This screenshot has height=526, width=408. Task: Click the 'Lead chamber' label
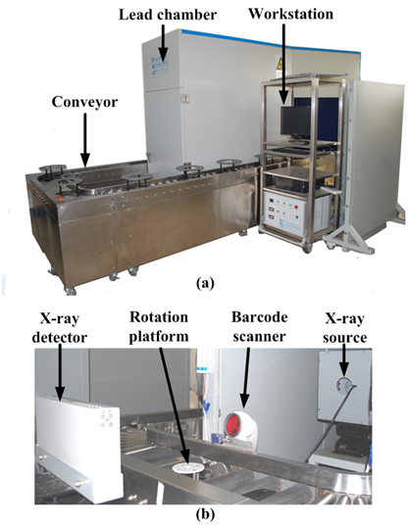[168, 15]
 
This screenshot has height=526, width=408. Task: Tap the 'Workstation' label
[290, 14]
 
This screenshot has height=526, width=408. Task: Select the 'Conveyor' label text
[84, 102]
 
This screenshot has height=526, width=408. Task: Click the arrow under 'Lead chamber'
[163, 43]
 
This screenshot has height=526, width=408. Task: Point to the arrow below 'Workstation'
[284, 63]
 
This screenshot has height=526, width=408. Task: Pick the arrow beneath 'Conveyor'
[85, 139]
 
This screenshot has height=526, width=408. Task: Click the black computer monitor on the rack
[296, 121]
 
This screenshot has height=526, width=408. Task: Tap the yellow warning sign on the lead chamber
[280, 63]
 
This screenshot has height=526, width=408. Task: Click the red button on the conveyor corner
[61, 198]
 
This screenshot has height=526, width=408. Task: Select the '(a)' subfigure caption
[205, 283]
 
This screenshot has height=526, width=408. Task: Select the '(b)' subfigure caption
[205, 513]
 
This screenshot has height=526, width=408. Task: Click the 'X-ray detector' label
[60, 328]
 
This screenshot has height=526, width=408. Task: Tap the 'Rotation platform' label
[159, 327]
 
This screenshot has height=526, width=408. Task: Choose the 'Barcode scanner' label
[259, 326]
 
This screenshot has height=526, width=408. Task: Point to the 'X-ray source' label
[345, 328]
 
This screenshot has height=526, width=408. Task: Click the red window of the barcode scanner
[234, 423]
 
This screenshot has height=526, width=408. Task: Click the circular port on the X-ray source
[344, 384]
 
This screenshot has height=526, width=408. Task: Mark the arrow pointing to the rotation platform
[174, 406]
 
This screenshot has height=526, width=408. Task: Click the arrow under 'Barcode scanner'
[245, 378]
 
